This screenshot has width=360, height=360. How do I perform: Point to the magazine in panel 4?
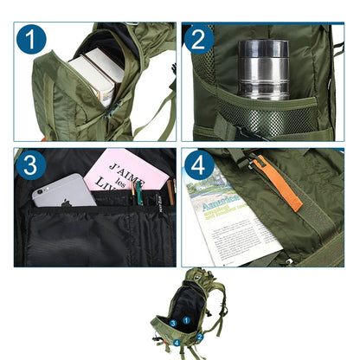click(x=228, y=220)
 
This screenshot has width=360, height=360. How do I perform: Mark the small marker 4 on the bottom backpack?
click(x=177, y=343)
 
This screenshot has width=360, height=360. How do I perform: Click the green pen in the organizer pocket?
click(x=138, y=193)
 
